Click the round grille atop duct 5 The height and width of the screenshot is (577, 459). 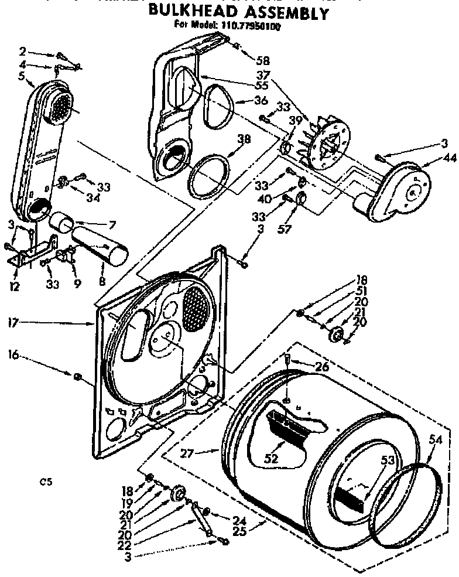click(x=59, y=107)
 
